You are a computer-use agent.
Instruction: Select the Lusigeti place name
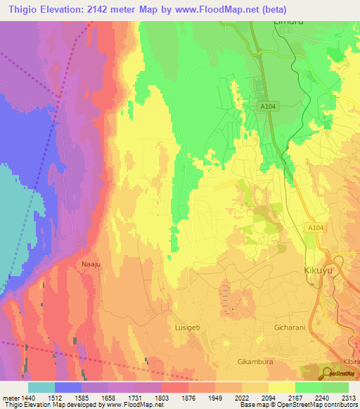click(x=188, y=327)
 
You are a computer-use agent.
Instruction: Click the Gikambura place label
click(x=255, y=361)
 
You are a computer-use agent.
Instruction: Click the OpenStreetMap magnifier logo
click(x=328, y=373)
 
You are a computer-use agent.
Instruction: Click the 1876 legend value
click(x=188, y=397)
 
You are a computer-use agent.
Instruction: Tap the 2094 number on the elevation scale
click(x=269, y=397)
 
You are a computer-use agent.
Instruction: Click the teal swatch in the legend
click(x=41, y=387)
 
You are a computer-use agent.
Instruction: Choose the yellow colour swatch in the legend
click(x=281, y=387)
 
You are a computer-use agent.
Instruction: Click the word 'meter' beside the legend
click(x=9, y=397)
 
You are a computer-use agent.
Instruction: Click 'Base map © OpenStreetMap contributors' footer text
click(x=298, y=405)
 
